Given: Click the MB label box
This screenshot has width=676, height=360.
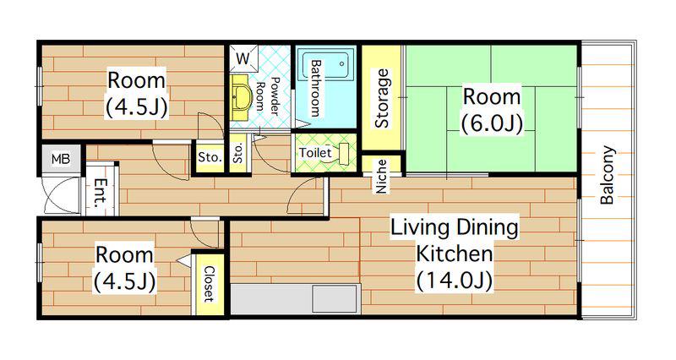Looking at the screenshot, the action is point(61,159).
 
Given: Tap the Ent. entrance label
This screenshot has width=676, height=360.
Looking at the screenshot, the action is point(101,192).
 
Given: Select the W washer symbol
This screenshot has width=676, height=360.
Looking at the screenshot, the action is point(243,58).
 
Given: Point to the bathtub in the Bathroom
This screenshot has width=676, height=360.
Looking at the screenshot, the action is point(325,65).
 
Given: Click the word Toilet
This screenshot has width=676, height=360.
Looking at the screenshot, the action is point(315,153).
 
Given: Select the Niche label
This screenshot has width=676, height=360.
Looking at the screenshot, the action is point(382,177).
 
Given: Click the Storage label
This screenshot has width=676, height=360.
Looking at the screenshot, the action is point(382,99).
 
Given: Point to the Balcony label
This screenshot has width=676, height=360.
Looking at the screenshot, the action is point(608,175).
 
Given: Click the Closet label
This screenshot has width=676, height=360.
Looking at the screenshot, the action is point(209,284).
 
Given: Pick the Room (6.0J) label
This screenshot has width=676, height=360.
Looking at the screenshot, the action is point(492,110).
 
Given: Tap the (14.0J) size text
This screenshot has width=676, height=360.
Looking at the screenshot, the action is point(455,281).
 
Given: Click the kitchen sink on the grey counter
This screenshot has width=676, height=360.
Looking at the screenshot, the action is point(335,299).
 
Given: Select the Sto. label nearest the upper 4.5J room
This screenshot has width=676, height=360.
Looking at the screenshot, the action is point(210,158).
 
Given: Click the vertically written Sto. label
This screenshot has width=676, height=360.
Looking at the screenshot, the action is point(238,153).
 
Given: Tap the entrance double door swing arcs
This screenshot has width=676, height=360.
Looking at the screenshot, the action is point(63,195).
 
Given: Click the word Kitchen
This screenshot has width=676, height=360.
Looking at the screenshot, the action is point(454,254).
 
